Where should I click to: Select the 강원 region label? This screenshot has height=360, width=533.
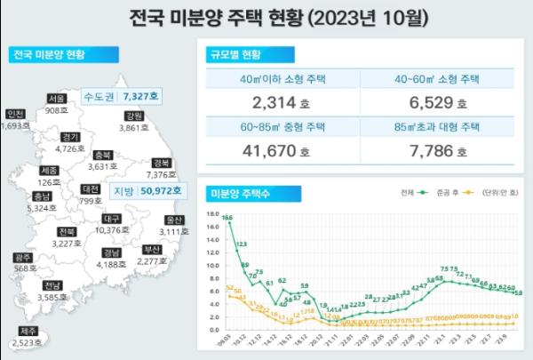[133, 116]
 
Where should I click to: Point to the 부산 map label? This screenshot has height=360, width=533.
[154, 249]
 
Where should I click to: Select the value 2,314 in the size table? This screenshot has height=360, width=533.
[250, 100]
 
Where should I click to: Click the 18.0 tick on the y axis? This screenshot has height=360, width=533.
[211, 214]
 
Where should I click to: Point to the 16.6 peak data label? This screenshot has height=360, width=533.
[228, 218]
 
